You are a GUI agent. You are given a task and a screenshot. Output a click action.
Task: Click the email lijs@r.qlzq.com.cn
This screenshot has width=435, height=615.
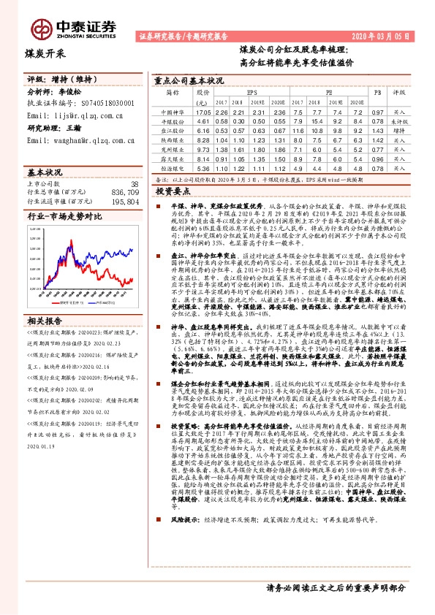[x=75, y=115]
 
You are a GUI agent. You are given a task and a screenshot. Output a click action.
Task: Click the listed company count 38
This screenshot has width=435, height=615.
[x=134, y=183]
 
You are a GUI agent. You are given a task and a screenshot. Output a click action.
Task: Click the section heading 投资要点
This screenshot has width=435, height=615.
[x=173, y=190]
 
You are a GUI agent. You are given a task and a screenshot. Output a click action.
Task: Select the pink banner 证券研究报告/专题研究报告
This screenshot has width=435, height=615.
[x=182, y=36]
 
